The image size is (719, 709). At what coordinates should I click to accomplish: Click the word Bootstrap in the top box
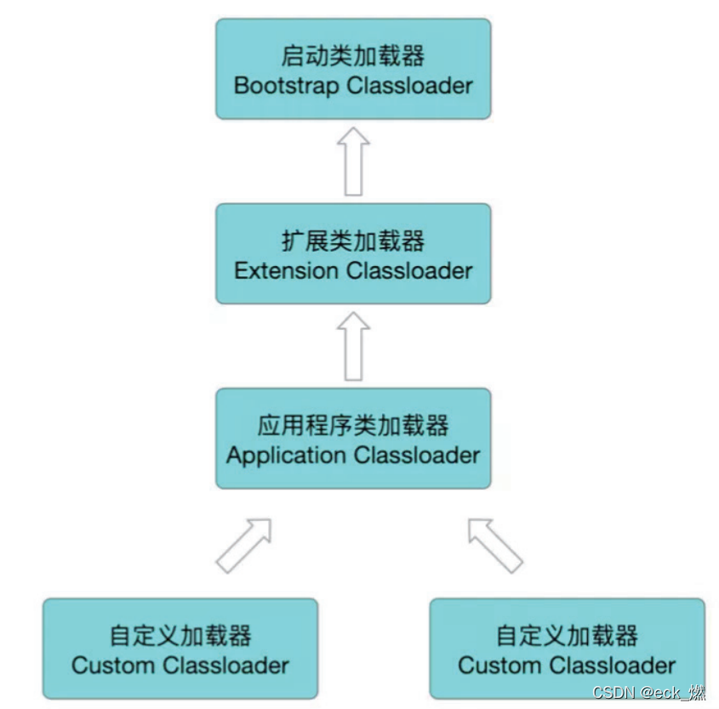pyautogui.click(x=283, y=86)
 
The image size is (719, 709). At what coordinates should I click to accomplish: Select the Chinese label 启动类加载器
pyautogui.click(x=352, y=56)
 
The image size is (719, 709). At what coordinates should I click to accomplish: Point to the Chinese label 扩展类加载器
pyautogui.click(x=352, y=241)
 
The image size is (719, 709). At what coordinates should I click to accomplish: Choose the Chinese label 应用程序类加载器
pyautogui.click(x=352, y=426)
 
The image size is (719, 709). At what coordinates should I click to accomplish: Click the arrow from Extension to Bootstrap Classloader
pyautogui.click(x=352, y=162)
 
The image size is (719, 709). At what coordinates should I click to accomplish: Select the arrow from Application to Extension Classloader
pyautogui.click(x=352, y=346)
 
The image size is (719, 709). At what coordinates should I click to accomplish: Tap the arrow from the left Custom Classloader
pyautogui.click(x=244, y=544)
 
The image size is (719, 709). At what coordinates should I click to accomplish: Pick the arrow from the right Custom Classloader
pyautogui.click(x=494, y=544)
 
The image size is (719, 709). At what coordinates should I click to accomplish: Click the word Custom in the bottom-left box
pyautogui.click(x=106, y=666)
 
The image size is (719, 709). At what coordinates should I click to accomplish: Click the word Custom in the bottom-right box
pyautogui.click(x=493, y=666)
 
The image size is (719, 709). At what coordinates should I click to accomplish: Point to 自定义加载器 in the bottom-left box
pyautogui.click(x=180, y=636)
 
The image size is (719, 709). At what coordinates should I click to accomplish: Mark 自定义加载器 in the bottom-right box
pyautogui.click(x=567, y=636)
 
